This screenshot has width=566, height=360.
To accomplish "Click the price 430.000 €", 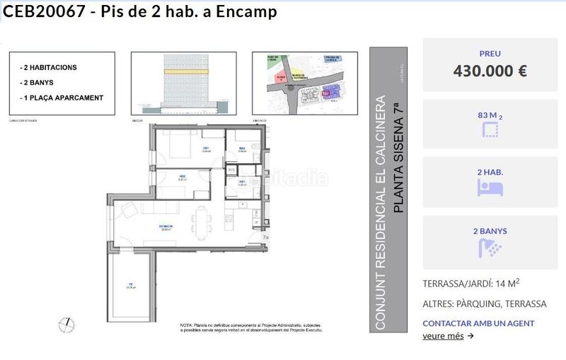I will pos(490,71).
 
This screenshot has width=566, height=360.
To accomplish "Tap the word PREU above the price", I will pos(490,53).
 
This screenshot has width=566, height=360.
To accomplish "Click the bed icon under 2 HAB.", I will pos(490,188).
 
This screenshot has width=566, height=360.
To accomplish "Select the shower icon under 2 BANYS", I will pos(490,248).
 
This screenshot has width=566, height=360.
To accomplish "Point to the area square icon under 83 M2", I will pos(490,129).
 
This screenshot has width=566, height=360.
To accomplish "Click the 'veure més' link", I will pos(443,336).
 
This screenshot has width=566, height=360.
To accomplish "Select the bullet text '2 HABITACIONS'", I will pos(50,68).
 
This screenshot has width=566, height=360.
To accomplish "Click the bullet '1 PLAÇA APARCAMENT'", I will pos(63,98).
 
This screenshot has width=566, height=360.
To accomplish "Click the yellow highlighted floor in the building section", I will pos(183,71).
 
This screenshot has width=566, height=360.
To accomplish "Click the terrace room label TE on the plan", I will pos(129,285).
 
